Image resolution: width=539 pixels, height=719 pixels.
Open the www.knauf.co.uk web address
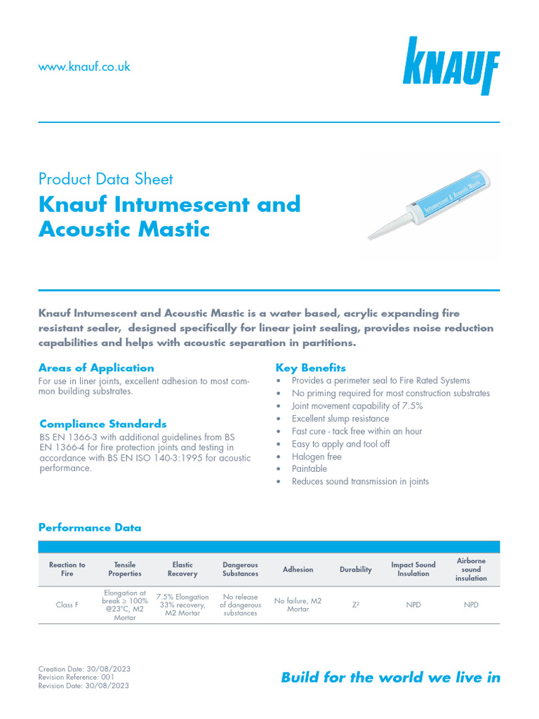(84, 67)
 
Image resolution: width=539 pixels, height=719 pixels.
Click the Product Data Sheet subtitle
(105, 179)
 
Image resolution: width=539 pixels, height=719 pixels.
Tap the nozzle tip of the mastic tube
(371, 237)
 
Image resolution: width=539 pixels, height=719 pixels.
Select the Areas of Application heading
(96, 368)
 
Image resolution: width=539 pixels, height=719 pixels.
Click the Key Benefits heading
(310, 368)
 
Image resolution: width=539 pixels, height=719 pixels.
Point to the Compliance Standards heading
(103, 424)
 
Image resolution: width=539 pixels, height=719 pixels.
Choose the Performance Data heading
(90, 527)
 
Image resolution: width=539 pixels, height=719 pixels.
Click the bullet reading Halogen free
(317, 456)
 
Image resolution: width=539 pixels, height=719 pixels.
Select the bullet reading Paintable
(310, 468)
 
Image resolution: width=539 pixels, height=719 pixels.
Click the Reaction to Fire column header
(67, 569)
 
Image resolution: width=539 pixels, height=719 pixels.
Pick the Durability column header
(356, 569)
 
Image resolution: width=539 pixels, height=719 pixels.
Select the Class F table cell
(67, 605)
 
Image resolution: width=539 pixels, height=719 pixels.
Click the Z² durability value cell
(356, 605)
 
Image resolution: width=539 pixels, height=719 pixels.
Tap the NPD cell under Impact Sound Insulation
(413, 605)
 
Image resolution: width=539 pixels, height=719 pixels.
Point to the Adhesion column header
(298, 569)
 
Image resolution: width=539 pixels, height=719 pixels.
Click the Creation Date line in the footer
(84, 669)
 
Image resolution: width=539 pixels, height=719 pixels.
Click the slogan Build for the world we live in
(390, 678)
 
